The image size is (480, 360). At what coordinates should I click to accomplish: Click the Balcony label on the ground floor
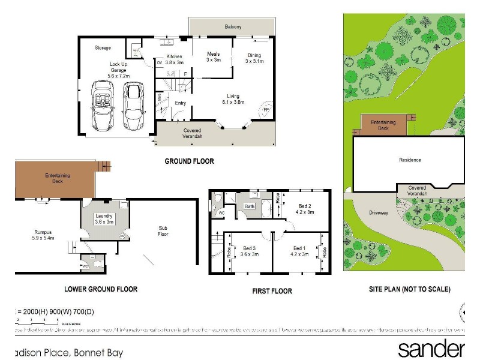[x=233, y=27]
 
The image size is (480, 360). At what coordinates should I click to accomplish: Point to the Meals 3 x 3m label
[x=214, y=57]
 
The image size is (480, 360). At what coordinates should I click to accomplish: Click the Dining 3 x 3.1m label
[x=255, y=58]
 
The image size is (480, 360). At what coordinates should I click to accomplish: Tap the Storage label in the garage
[x=103, y=47]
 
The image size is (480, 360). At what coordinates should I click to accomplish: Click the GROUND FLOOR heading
[x=189, y=161]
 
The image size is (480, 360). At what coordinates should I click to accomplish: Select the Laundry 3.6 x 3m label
[x=104, y=219]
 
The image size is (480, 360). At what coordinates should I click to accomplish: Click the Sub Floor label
[x=163, y=230]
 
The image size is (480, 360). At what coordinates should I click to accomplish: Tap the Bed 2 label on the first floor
[x=304, y=209]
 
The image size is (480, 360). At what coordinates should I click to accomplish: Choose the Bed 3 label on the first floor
[x=250, y=251]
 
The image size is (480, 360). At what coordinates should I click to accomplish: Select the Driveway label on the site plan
[x=379, y=212]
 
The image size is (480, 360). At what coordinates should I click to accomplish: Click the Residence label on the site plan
[x=410, y=160]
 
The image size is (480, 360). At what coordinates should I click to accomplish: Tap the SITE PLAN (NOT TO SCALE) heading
[x=410, y=289]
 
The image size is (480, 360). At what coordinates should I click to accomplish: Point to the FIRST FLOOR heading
[x=272, y=291]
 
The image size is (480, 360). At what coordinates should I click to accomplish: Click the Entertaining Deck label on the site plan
[x=383, y=125]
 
